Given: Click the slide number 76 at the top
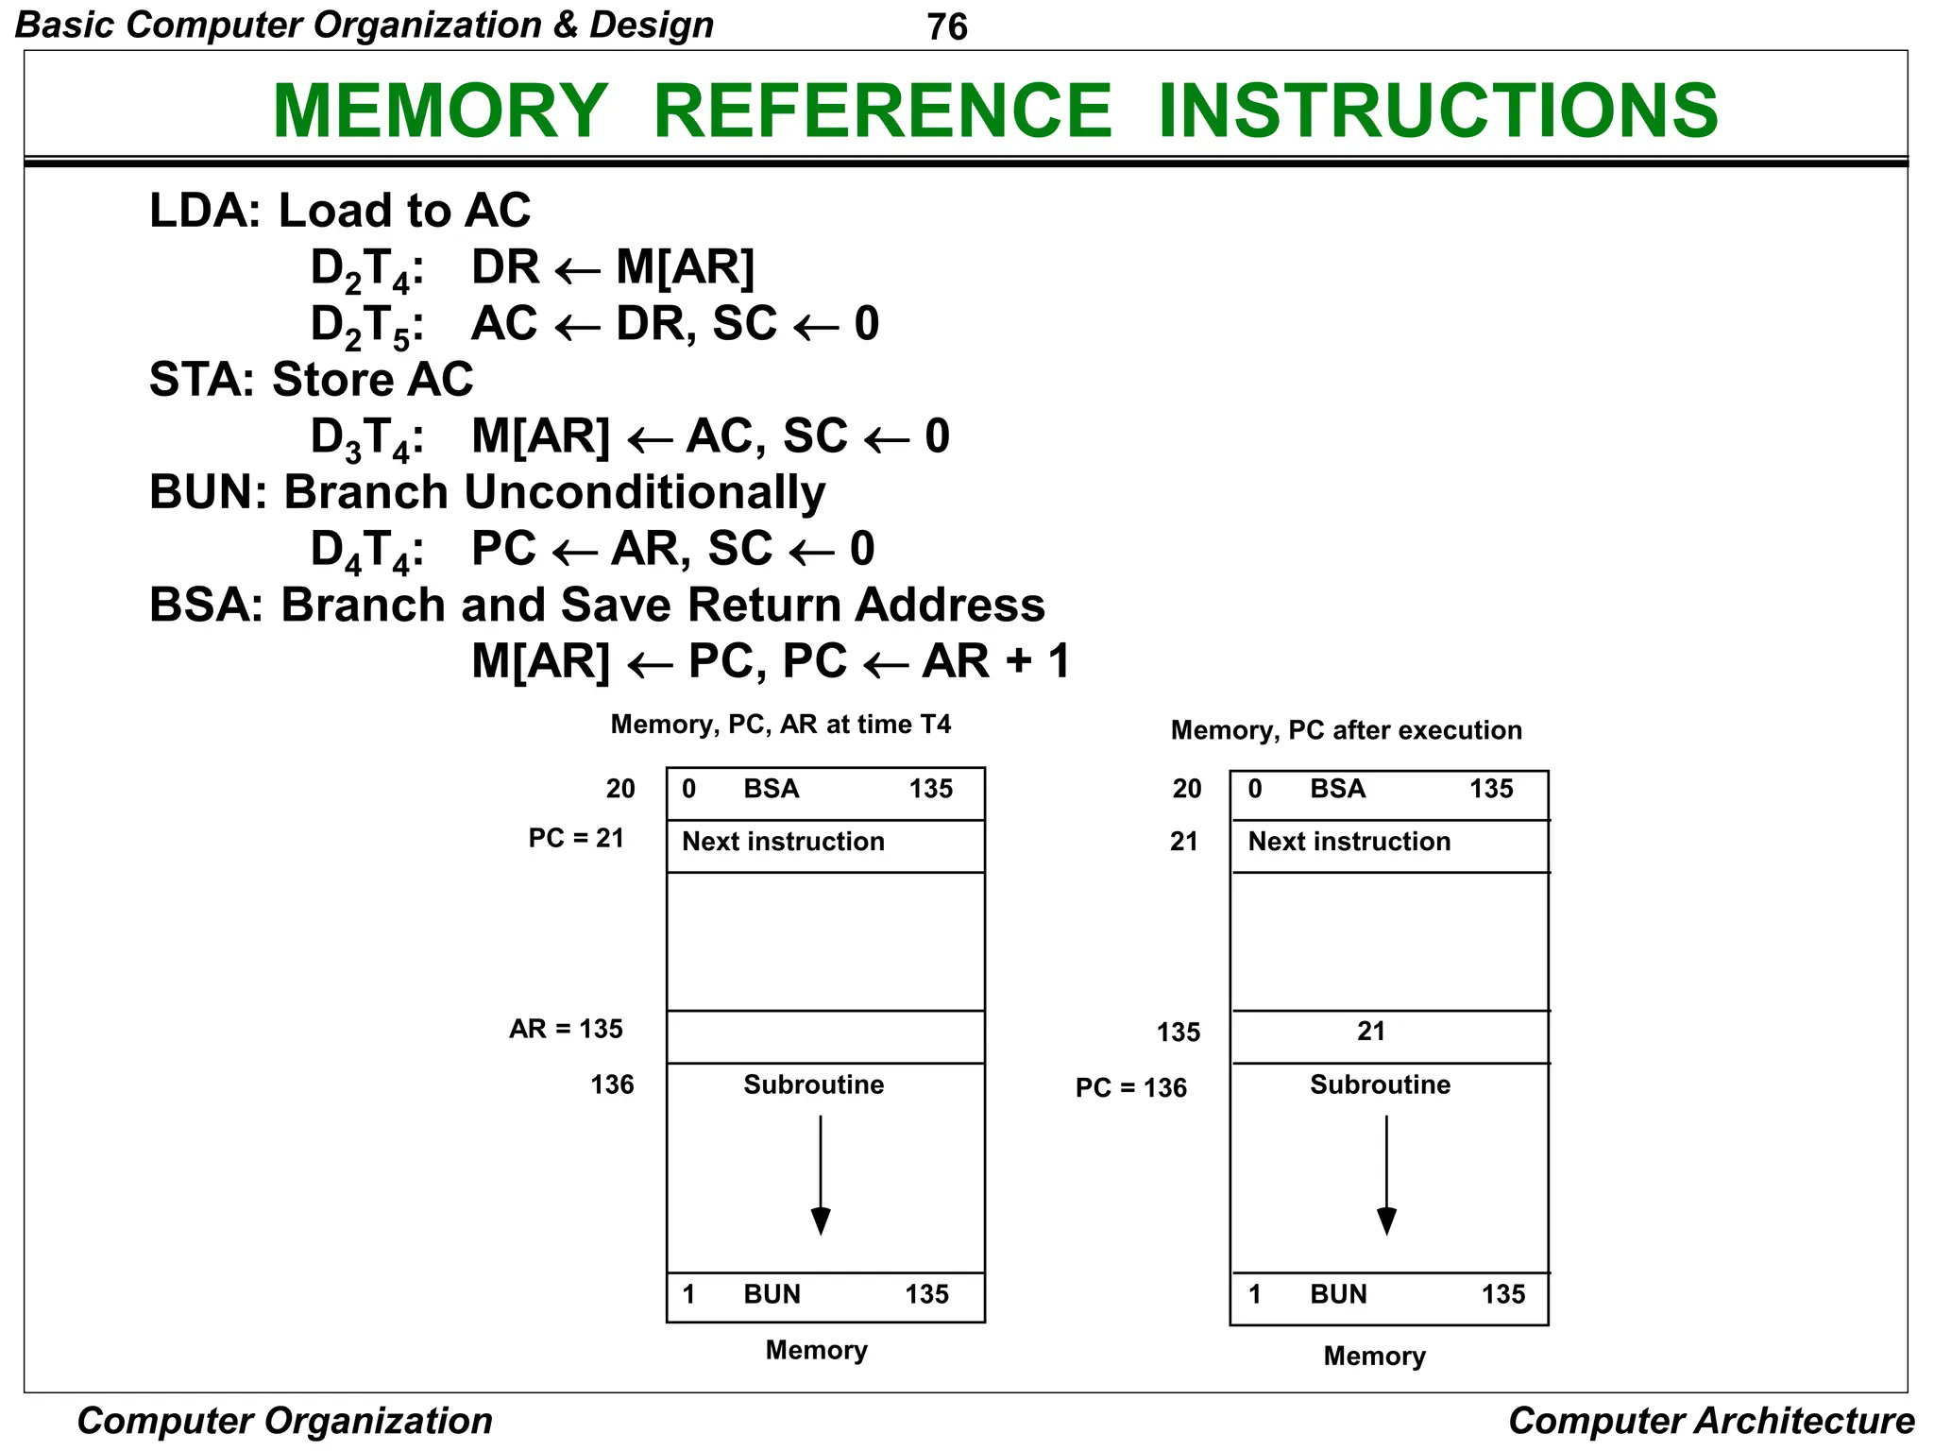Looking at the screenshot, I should pos(946,26).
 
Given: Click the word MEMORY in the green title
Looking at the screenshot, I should pos(440,111).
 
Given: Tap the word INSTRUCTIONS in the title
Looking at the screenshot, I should pos(1437,111).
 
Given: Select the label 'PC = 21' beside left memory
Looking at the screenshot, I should pos(576,838).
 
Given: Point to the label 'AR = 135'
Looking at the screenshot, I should pos(566,1029).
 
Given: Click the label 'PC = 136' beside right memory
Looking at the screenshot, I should pos(1130,1088).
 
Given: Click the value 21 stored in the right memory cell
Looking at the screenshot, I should pos(1370,1032).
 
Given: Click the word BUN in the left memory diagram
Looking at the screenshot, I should pos(772,1294).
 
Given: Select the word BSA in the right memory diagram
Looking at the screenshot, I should pos(1337,789).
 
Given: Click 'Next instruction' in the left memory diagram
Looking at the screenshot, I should pos(783,842).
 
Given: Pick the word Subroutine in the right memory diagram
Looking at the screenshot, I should pos(1380,1084).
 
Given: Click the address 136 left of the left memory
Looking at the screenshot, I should pos(612,1084).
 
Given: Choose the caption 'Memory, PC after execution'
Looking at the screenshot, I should pos(1346,730).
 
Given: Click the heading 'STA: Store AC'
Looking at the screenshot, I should pos(311,380).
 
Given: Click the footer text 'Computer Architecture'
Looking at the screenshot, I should pos(1710,1421).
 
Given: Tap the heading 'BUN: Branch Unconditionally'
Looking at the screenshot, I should pos(486,492).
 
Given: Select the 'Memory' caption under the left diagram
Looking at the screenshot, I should pos(816,1350).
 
